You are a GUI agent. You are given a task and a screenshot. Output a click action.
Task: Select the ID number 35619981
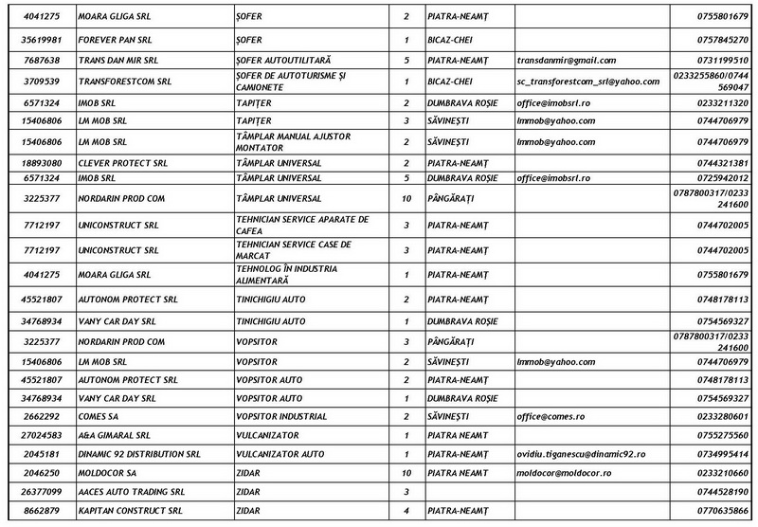(x=37, y=40)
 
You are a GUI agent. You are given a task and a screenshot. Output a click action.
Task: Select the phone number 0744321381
(x=722, y=162)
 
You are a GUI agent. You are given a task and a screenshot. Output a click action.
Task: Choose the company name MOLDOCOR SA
(x=106, y=472)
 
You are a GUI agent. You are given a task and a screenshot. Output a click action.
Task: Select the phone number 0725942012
(x=722, y=177)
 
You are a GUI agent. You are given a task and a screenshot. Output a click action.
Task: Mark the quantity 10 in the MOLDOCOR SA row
(x=406, y=472)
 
